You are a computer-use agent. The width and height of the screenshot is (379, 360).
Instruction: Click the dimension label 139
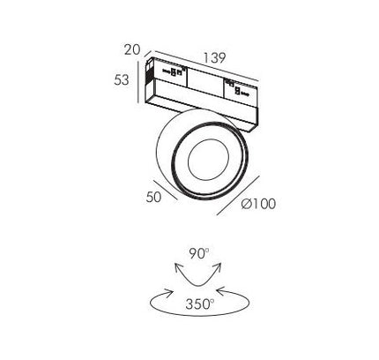(x=215, y=57)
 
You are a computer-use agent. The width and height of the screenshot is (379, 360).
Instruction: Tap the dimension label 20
(x=132, y=49)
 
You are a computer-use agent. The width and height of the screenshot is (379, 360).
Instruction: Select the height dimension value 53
(x=122, y=79)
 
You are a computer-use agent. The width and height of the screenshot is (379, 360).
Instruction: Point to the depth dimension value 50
(x=153, y=197)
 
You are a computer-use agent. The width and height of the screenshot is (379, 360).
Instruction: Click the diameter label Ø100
(x=258, y=204)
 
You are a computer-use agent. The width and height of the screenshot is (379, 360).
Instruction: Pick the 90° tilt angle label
(x=198, y=253)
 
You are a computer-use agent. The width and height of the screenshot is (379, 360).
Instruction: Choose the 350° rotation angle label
(x=200, y=304)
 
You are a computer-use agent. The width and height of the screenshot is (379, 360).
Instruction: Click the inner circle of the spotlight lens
(x=208, y=160)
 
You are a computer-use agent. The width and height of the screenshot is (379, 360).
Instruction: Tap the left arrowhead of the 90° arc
(x=177, y=267)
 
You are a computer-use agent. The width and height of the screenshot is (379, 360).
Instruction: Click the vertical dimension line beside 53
(x=137, y=82)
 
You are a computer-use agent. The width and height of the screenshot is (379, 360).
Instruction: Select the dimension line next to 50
(x=166, y=190)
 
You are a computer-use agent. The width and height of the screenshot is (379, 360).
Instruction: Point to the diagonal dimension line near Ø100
(x=238, y=195)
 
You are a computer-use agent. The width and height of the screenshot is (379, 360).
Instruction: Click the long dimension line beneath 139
(x=206, y=65)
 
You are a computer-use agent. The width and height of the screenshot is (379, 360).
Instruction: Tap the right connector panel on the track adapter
(x=241, y=91)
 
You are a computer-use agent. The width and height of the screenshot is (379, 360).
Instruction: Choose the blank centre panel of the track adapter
(x=205, y=81)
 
